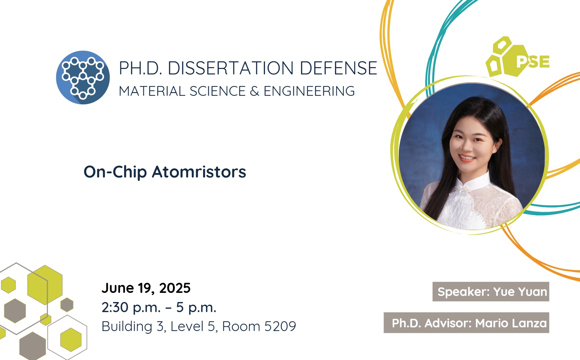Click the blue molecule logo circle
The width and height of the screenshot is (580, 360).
click(83, 77)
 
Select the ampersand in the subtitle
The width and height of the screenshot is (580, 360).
click(255, 91)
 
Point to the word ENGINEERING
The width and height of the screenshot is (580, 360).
click(309, 91)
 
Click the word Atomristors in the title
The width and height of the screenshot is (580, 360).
click(199, 172)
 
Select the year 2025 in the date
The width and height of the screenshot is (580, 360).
click(175, 288)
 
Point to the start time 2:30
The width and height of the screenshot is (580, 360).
click(115, 307)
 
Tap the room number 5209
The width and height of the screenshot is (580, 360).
click(280, 326)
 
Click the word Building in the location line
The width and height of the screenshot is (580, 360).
click(127, 327)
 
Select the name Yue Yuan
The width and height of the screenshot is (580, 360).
click(520, 292)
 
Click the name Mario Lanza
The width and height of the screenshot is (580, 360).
click(511, 323)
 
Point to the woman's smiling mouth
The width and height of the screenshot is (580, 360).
click(467, 158)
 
